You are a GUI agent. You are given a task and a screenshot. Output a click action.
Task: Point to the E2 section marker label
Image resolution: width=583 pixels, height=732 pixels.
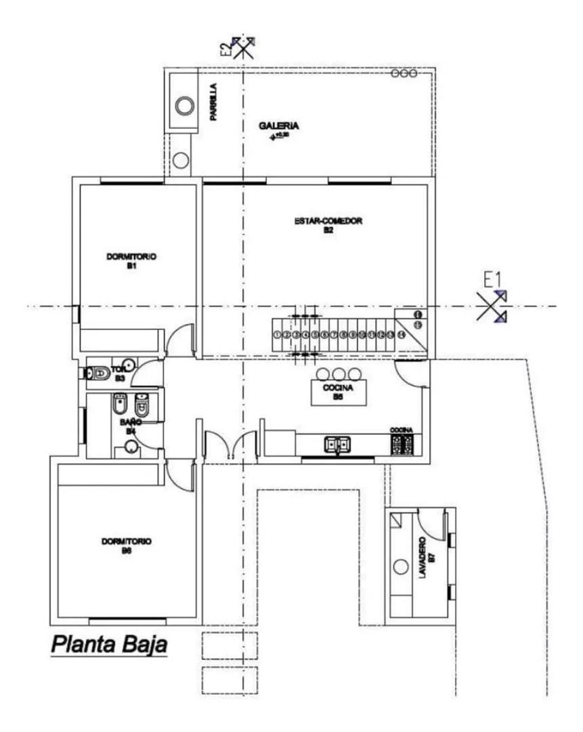(x=225, y=47)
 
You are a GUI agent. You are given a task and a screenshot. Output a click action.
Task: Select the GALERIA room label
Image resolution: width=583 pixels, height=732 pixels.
(x=278, y=126)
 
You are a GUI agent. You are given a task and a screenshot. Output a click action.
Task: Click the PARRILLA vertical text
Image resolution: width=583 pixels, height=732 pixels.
(x=213, y=102)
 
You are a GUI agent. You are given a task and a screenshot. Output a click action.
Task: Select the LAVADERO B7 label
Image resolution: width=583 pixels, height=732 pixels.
(x=423, y=558)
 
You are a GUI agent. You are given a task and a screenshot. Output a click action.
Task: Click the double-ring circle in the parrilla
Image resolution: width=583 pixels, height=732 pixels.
(x=185, y=106)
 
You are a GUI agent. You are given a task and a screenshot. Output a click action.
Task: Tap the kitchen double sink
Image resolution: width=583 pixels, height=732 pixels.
(x=337, y=445)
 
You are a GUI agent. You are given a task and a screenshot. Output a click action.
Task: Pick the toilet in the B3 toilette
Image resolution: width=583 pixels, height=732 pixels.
(x=99, y=373)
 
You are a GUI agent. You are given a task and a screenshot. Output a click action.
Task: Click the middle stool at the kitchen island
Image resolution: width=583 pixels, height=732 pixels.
(x=338, y=373)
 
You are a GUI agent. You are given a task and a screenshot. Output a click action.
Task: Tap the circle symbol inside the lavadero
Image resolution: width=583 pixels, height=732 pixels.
(x=401, y=565)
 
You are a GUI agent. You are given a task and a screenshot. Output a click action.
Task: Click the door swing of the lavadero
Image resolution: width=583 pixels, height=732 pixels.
(x=428, y=520)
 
